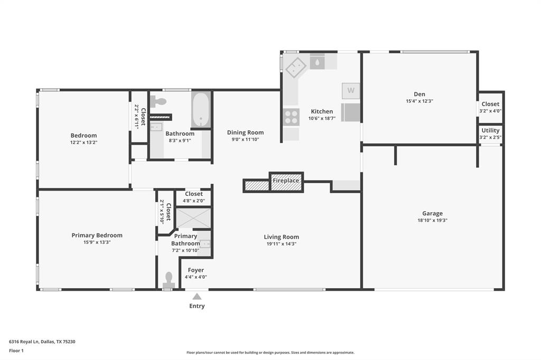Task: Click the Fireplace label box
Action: pos(286,181)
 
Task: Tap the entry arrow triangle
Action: pos(197,297)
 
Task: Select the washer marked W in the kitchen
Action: pos(351,91)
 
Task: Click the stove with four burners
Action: pos(291,117)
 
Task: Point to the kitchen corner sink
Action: pos(296,67)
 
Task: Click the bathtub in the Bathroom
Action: pos(201,110)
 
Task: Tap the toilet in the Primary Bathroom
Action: pos(169,280)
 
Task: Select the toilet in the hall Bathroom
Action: pos(158,101)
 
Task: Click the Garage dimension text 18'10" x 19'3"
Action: pos(432,221)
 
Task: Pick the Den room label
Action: pos(419,94)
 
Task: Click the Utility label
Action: pos(490,130)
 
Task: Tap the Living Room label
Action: pos(281,237)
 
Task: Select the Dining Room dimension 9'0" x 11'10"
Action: pos(245,139)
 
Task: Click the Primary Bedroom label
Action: pos(97,235)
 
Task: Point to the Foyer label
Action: pos(195,270)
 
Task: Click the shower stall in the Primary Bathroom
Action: pos(193,218)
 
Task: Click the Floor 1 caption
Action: pos(17,350)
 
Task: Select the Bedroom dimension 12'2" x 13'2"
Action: pos(83,143)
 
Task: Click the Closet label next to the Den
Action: pos(490,104)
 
